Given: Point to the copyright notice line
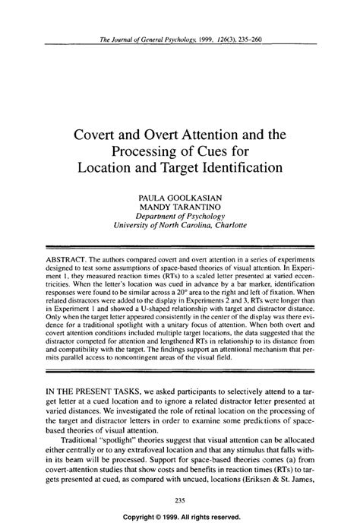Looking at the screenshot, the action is (180, 514).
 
